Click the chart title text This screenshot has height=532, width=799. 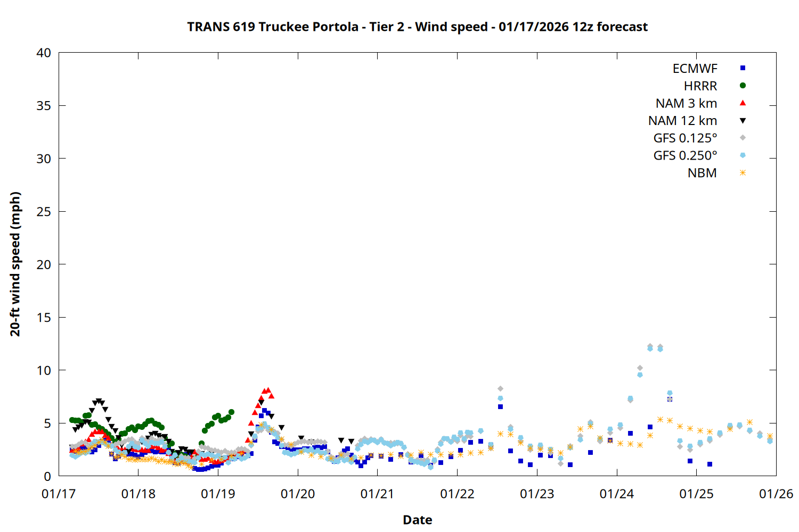pos(417,27)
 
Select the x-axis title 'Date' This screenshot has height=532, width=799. pos(417,520)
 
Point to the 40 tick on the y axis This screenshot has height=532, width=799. pos(44,53)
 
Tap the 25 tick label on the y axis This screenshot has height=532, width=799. pos(44,212)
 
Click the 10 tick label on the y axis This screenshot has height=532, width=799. pos(44,370)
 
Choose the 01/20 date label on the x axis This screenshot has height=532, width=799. pos(298,494)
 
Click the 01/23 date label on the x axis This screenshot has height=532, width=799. pos(537,494)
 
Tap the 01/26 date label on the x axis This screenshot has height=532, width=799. pos(776,494)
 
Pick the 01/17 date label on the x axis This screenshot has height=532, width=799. pos(59,494)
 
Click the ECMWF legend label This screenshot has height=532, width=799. pos(695,69)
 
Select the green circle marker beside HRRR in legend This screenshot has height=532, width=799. pos(743,86)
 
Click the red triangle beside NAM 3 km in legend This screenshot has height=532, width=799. pos(743,103)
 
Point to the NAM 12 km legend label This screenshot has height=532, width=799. pos(682,121)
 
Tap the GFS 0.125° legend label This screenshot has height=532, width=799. pos(685,138)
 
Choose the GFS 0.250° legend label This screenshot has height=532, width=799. pos(685,156)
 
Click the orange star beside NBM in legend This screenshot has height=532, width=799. pos(743,173)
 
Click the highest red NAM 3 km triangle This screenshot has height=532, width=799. pos(268,390)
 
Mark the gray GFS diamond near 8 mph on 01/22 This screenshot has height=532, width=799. pos(500,389)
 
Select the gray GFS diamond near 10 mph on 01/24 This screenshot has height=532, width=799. pos(640,368)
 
